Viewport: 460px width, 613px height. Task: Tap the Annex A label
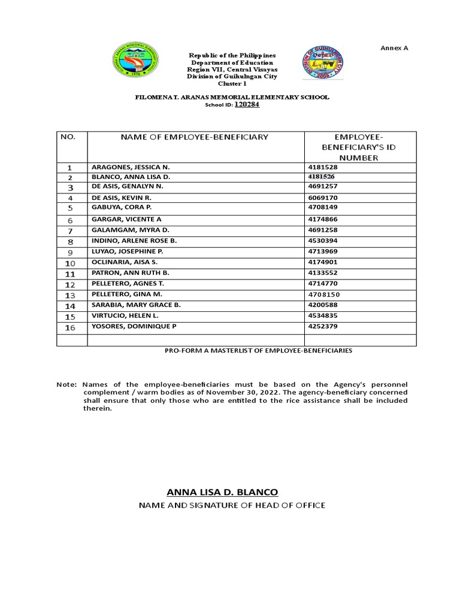tap(394, 47)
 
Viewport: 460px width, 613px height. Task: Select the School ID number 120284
tap(247, 104)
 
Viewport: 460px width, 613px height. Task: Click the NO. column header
tap(68, 137)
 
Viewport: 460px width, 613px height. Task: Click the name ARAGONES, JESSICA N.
tap(126, 168)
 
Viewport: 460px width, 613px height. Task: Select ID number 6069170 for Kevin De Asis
tap(323, 197)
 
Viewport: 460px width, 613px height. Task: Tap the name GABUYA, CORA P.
tap(119, 207)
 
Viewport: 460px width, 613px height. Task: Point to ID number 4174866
tap(323, 220)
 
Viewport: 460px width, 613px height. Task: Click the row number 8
tap(70, 242)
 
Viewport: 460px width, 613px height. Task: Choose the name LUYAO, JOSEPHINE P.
tap(127, 251)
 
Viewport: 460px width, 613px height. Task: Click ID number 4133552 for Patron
tap(323, 273)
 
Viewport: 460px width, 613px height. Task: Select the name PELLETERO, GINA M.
tap(126, 295)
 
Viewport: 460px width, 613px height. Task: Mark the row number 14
tap(70, 306)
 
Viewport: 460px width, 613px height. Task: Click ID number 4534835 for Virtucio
tap(323, 316)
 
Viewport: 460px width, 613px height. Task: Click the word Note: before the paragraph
tap(66, 384)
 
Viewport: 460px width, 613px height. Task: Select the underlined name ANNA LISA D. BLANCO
tap(222, 492)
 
